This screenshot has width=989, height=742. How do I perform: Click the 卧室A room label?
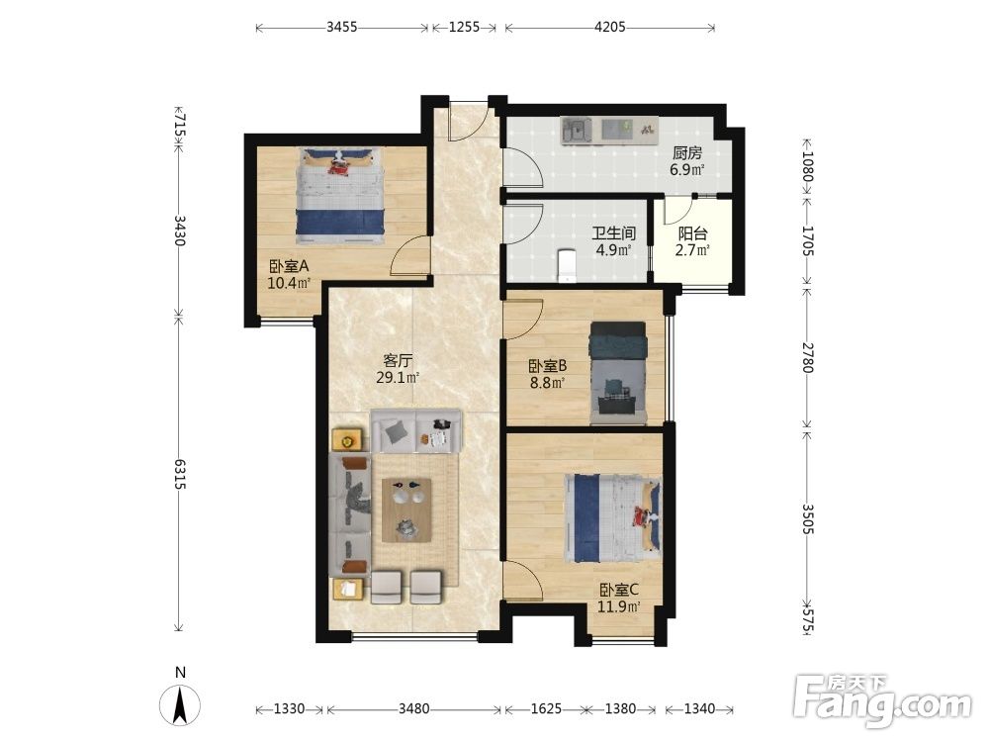(x=288, y=266)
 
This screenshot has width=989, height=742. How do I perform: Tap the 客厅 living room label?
(x=398, y=361)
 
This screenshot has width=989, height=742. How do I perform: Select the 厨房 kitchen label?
(x=687, y=152)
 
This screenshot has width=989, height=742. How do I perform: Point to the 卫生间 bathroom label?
(x=613, y=233)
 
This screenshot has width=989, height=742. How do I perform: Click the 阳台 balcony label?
(x=692, y=233)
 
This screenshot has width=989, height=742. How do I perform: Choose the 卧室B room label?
(x=547, y=365)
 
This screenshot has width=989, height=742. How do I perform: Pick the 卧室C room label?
(x=619, y=590)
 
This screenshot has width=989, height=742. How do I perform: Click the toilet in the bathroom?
(x=567, y=265)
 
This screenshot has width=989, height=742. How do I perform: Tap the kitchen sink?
(x=577, y=131)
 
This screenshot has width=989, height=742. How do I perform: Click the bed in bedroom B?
(x=617, y=373)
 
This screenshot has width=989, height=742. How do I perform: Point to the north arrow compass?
(x=180, y=702)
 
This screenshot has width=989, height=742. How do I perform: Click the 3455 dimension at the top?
(x=342, y=27)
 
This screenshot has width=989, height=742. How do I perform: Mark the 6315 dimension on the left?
(x=180, y=474)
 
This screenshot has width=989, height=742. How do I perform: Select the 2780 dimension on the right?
(x=808, y=357)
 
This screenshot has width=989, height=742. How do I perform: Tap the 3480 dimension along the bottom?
(x=413, y=708)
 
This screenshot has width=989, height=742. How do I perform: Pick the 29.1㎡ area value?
(x=398, y=378)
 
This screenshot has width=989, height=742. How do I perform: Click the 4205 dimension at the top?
(x=610, y=27)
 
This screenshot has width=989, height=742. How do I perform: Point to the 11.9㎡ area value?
(x=619, y=607)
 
